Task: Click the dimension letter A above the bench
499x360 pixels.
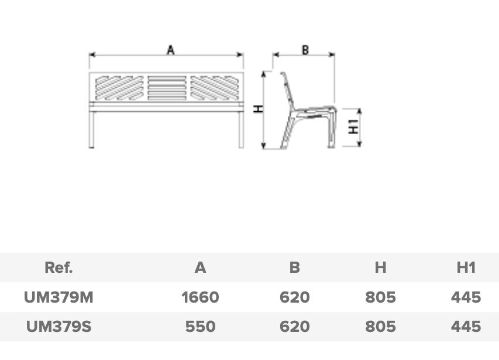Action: click(171, 50)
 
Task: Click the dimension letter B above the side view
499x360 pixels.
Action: click(305, 50)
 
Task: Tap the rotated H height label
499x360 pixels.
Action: click(259, 108)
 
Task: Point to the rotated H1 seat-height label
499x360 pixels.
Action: click(353, 127)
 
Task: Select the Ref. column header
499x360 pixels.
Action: click(58, 268)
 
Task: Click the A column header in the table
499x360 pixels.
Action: click(200, 268)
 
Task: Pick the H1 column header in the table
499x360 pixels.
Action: click(466, 268)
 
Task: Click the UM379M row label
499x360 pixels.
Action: click(58, 297)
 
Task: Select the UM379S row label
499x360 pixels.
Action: click(58, 327)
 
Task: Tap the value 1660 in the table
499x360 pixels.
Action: click(200, 297)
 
